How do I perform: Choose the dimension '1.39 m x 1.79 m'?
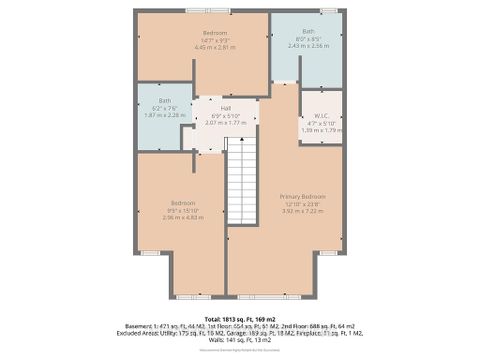click(x=307, y=130)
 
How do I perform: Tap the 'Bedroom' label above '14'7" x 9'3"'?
click(x=215, y=33)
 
